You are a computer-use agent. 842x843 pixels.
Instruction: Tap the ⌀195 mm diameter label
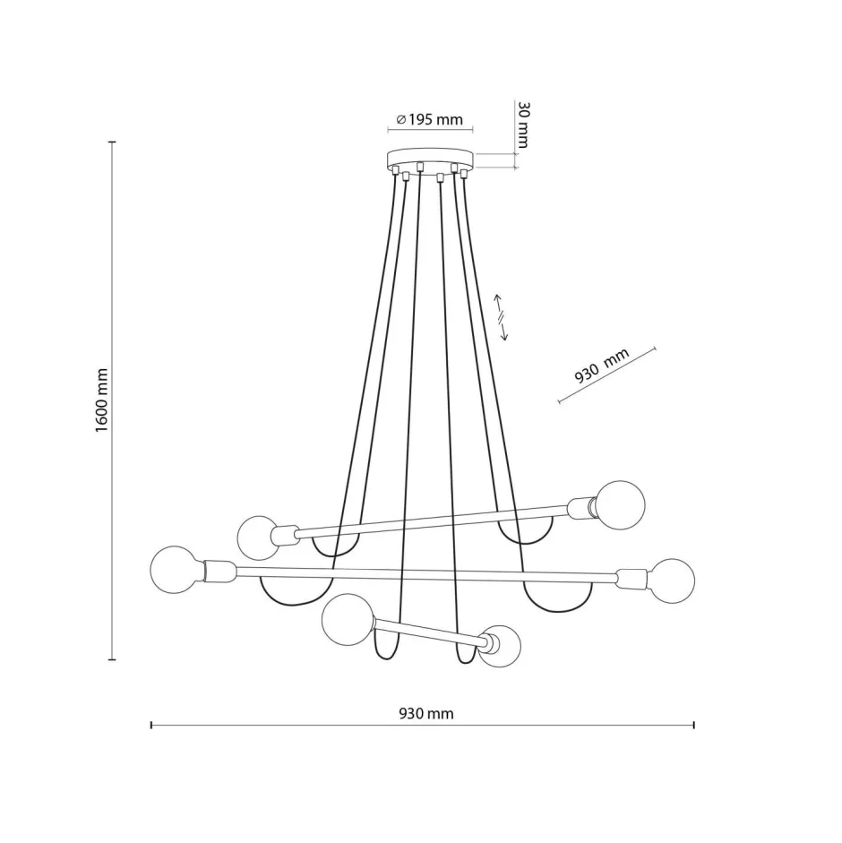pos(430,119)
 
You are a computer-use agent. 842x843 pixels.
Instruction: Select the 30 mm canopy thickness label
pos(524,125)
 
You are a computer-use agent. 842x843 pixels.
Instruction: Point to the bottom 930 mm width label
pos(426,714)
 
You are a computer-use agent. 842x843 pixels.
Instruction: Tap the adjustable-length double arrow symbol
pos(503,317)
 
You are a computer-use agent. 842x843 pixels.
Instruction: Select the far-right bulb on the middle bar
pos(672,581)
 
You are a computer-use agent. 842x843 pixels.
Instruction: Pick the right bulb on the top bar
pos(621,503)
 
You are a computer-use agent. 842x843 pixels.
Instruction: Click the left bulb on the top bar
pos(259,538)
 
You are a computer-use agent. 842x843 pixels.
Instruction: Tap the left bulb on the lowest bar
pos(345,620)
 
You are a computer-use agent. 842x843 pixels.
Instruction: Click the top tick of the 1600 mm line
pos(113,142)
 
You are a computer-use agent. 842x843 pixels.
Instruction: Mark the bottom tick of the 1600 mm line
pos(113,659)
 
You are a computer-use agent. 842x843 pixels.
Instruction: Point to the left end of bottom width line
pos(151,725)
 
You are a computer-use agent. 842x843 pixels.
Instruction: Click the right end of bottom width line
pos(694,725)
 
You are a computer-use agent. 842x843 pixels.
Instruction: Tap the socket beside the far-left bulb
pos(219,569)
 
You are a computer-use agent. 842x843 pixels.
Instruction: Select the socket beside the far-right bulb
pos(631,578)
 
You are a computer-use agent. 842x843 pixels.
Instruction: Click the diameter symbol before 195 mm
pos(400,119)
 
